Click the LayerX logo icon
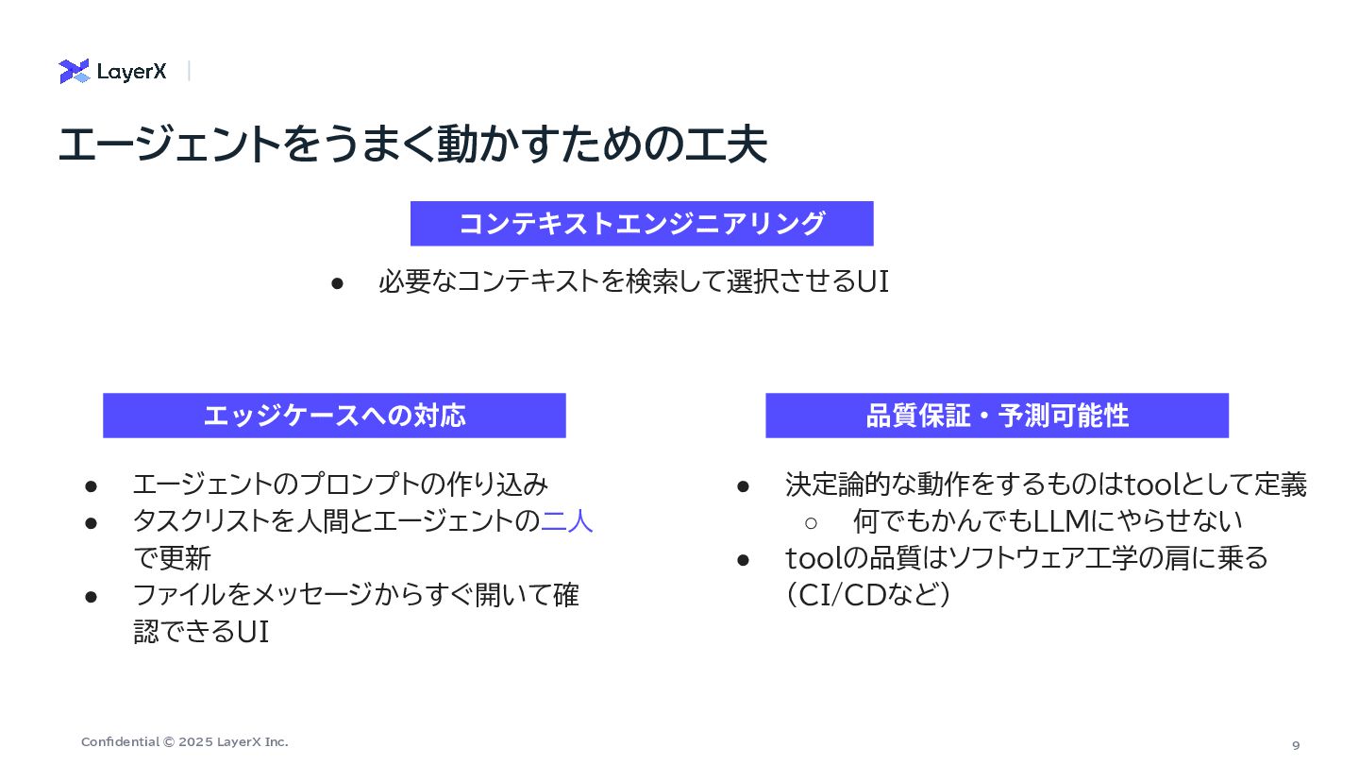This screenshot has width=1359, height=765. tap(74, 72)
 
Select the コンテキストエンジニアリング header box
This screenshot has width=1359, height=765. tap(642, 224)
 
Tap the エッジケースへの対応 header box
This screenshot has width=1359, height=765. tap(334, 416)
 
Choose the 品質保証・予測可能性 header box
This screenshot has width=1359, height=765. tap(997, 416)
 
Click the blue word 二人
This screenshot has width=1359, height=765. tap(567, 521)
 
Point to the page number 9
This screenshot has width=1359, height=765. tap(1296, 745)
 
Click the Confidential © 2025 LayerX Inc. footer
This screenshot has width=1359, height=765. tap(185, 742)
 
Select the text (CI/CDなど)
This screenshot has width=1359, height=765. tap(867, 596)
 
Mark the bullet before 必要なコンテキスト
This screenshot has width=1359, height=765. tap(336, 282)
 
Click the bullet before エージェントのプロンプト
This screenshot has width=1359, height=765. tap(92, 485)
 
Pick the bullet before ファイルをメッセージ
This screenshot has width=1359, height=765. tap(92, 596)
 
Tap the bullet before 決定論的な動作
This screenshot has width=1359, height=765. tap(743, 485)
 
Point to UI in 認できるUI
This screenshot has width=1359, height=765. tap(252, 633)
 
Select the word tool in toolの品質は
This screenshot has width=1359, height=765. tap(812, 559)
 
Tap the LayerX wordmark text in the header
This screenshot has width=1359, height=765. tap(131, 72)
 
